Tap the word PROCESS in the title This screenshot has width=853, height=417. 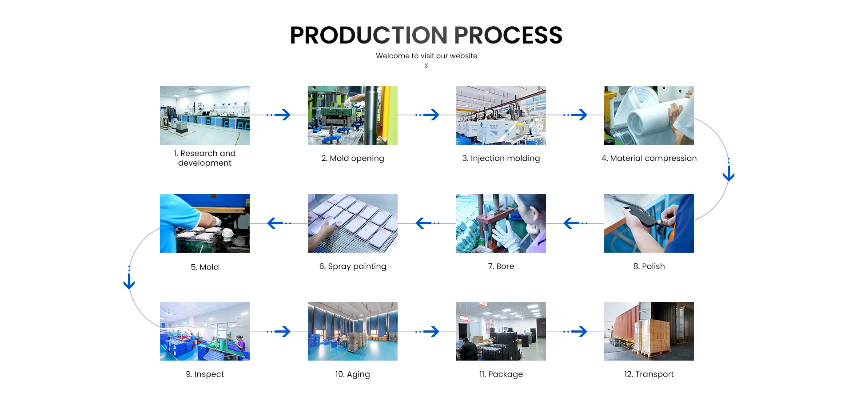(x=508, y=35)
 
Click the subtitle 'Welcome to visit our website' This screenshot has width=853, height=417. (x=426, y=56)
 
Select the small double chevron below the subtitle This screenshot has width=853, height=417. (x=426, y=66)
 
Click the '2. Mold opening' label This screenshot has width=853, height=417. (x=353, y=159)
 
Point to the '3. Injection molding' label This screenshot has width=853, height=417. (x=501, y=159)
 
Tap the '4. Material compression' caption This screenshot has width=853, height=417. (x=649, y=159)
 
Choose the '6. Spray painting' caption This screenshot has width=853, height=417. (x=353, y=266)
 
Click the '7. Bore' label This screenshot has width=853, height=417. (x=501, y=266)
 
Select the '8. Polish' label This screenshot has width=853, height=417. (x=649, y=266)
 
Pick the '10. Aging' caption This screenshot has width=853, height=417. (x=353, y=374)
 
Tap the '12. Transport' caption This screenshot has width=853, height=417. (x=649, y=374)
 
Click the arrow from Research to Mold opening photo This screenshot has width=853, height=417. (x=279, y=115)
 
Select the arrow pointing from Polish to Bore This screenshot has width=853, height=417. (x=575, y=223)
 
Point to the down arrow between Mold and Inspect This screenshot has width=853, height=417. (x=129, y=278)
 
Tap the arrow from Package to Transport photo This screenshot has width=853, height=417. (x=575, y=331)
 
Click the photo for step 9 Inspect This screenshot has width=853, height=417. (x=205, y=331)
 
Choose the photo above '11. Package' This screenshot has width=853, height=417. (x=501, y=331)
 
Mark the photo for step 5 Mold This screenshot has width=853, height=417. (x=205, y=223)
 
